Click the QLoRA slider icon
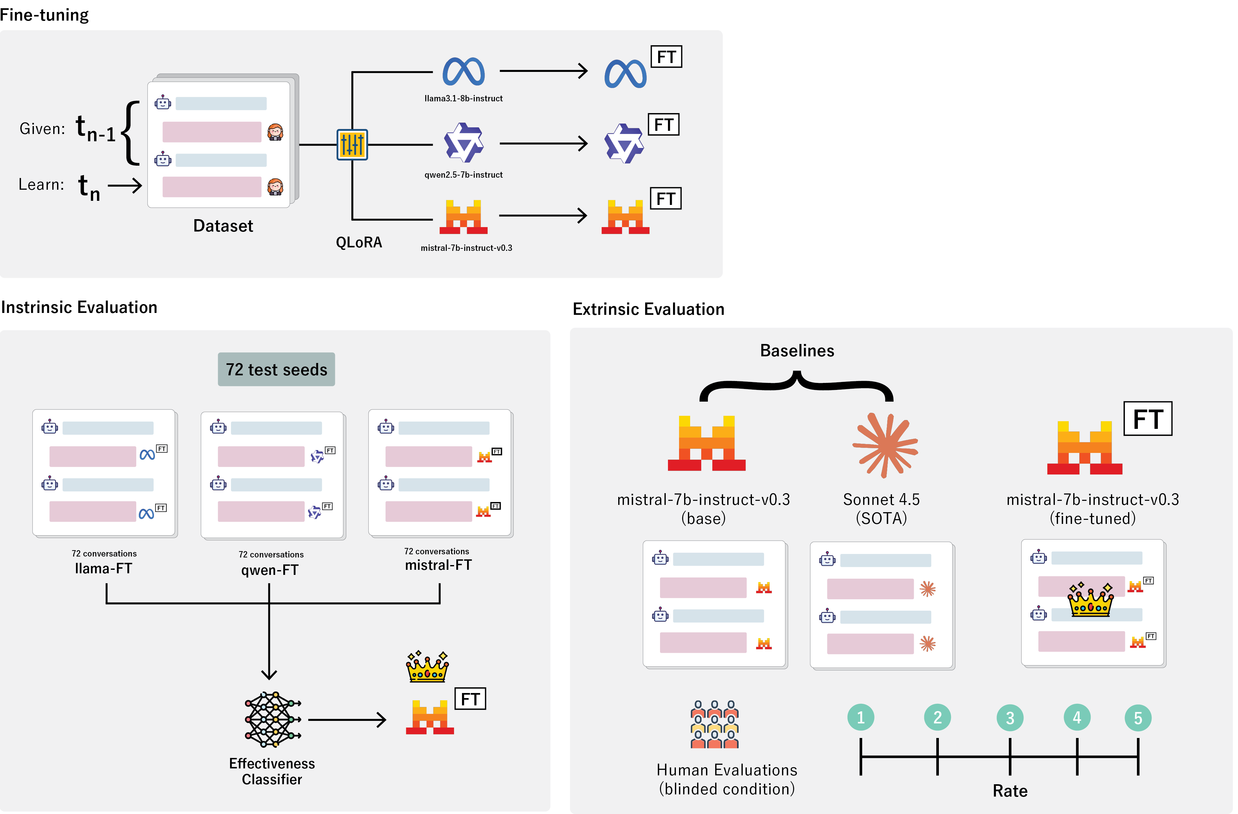(x=352, y=144)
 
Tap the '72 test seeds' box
(x=276, y=369)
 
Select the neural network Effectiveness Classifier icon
(x=273, y=719)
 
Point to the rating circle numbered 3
(x=1010, y=718)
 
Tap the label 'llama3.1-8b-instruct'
(x=464, y=98)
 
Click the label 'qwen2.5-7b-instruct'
(x=464, y=175)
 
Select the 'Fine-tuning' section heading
(x=44, y=15)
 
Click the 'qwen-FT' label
(x=269, y=570)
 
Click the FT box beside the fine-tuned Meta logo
(x=666, y=57)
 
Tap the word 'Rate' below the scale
(x=1010, y=791)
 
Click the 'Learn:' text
(x=41, y=185)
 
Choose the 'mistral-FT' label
(x=438, y=565)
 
